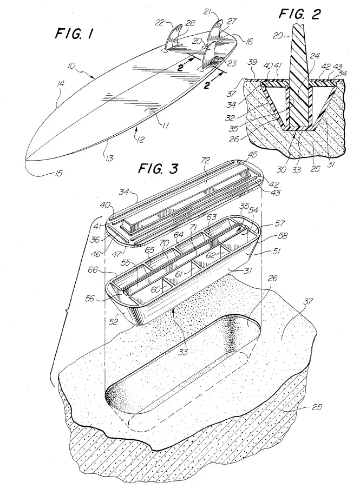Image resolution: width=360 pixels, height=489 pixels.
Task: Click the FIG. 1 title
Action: pos(74,34)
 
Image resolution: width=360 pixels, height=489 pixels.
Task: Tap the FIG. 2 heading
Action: pos(300,14)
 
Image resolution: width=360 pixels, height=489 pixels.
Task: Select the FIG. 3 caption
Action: pos(158,169)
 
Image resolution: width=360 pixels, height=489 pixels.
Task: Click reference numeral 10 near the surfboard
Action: pos(73,66)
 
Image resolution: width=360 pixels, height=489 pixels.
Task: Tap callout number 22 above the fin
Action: pos(160,23)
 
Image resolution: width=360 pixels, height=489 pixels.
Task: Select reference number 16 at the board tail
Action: pos(249,41)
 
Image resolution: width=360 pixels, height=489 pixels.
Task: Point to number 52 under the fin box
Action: pos(114,321)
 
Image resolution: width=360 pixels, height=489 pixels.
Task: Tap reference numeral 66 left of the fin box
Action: pos(93,270)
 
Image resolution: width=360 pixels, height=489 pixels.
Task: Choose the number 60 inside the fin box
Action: pos(156,290)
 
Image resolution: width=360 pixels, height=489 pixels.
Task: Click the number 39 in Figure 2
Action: pos(252,62)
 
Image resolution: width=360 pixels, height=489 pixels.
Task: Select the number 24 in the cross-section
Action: pos(315,56)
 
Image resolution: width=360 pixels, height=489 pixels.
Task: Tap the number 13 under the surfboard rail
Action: pos(109,158)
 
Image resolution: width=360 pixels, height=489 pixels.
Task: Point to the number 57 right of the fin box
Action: pos(280,223)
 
